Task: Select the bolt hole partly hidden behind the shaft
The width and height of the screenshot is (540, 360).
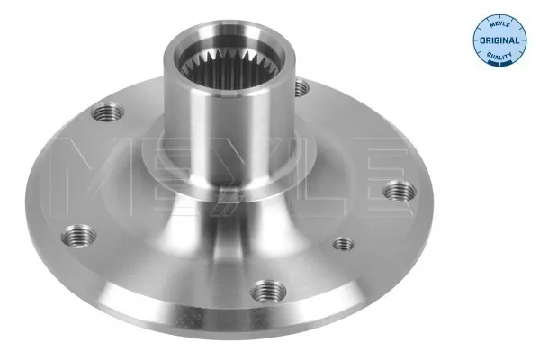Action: (x=301, y=88)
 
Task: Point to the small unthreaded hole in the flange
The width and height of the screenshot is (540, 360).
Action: (x=341, y=243)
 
